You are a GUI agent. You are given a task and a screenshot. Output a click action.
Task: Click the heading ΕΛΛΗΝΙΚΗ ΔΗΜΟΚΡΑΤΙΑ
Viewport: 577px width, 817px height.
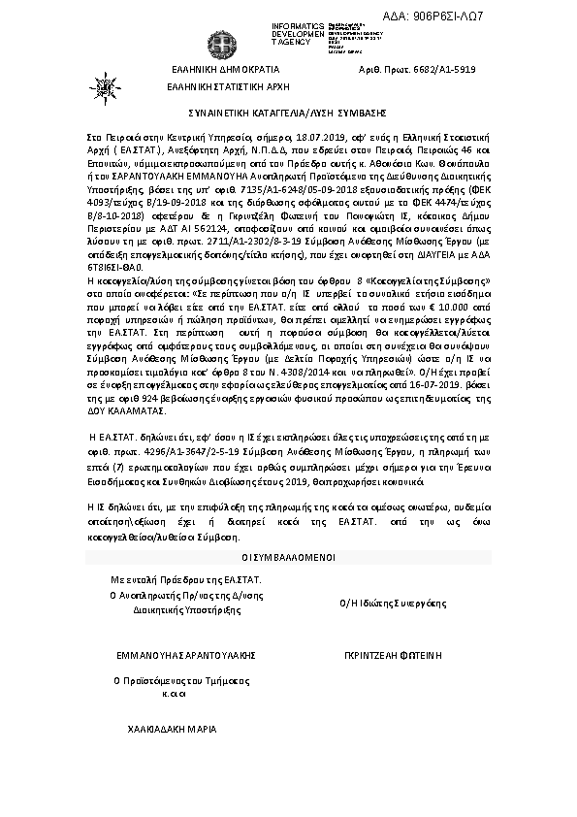tap(224, 70)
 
